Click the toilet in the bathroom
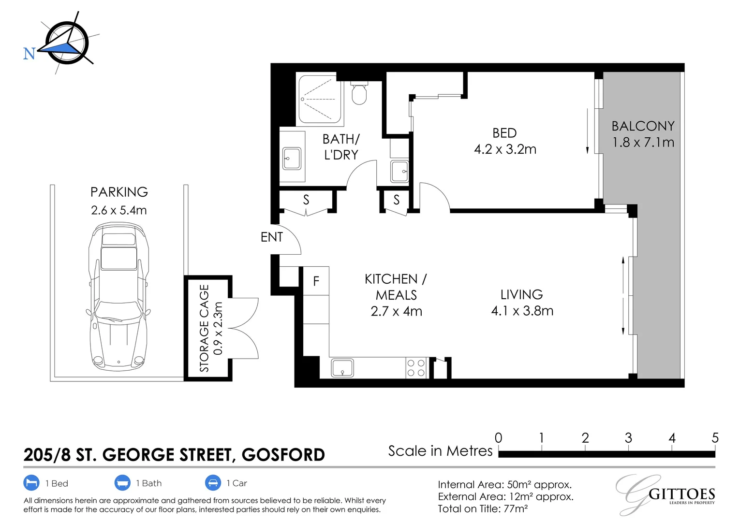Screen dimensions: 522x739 (x=359, y=93)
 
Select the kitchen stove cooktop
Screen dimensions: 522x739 (x=415, y=368)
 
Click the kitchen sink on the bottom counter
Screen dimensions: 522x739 (x=342, y=368)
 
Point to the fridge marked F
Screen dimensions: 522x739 (x=316, y=281)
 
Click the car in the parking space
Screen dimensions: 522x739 (x=118, y=296)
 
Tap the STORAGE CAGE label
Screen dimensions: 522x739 (x=205, y=328)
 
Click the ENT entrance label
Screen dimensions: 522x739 (x=271, y=237)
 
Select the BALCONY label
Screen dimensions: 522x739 (x=642, y=126)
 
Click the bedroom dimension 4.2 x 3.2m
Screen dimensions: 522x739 (x=505, y=149)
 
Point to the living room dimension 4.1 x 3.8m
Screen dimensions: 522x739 (x=522, y=311)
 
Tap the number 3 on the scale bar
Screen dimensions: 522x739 (x=628, y=438)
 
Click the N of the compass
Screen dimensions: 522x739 (x=29, y=54)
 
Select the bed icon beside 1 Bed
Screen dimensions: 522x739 (x=31, y=483)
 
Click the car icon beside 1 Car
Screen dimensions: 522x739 (x=213, y=483)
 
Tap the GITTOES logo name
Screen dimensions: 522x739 (x=681, y=494)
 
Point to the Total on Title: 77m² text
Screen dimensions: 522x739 (x=482, y=509)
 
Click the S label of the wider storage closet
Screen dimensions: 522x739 (x=306, y=200)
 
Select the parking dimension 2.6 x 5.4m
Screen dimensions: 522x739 (x=118, y=210)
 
